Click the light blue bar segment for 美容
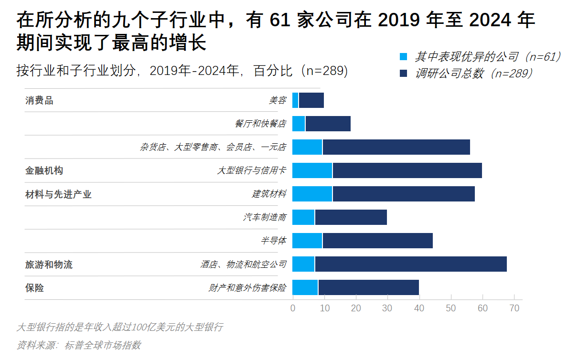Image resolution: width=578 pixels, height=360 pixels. pyautogui.click(x=295, y=100)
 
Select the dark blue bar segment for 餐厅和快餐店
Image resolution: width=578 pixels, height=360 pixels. pyautogui.click(x=328, y=124)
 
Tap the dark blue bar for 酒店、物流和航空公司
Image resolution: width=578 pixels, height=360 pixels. pyautogui.click(x=410, y=264)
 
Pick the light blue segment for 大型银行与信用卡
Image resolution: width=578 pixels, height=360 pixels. pyautogui.click(x=312, y=170)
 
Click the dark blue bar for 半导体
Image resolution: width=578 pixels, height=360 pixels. pyautogui.click(x=377, y=241)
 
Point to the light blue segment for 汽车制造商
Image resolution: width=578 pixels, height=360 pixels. pyautogui.click(x=303, y=217)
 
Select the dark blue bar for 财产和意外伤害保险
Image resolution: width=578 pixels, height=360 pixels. pyautogui.click(x=368, y=287)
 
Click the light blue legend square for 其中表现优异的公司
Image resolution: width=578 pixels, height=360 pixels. pyautogui.click(x=404, y=57)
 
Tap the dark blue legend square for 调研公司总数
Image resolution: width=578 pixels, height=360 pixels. pyautogui.click(x=404, y=73)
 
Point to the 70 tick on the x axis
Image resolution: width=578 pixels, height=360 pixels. pyautogui.click(x=514, y=308)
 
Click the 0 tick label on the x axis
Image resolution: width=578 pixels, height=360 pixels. pyautogui.click(x=293, y=308)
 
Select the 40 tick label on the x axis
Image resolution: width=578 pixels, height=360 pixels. pyautogui.click(x=419, y=308)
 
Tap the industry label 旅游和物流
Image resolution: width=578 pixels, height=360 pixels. pyautogui.click(x=49, y=265)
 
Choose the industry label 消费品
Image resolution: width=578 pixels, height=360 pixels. pyautogui.click(x=39, y=101)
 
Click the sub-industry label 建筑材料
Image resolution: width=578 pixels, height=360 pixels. pyautogui.click(x=269, y=194)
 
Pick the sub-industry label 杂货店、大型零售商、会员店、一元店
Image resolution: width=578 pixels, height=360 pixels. pyautogui.click(x=213, y=147)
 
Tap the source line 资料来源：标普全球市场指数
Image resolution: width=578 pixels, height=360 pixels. pyautogui.click(x=79, y=345)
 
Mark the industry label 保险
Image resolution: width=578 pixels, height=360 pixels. pyautogui.click(x=34, y=288)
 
